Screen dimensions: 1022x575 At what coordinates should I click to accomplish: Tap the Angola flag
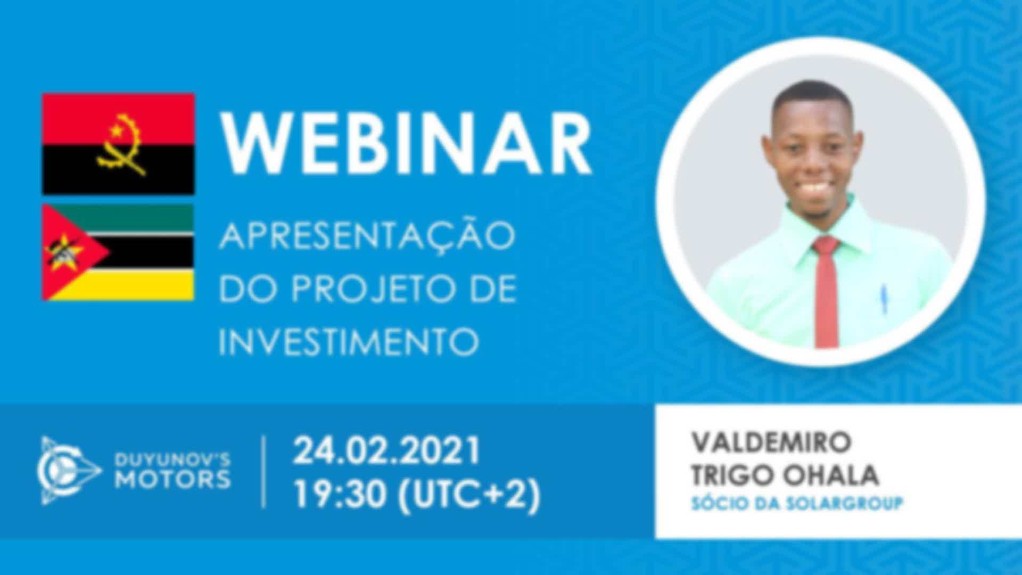[x=118, y=144]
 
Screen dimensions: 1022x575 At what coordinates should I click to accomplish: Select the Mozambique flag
[x=118, y=252]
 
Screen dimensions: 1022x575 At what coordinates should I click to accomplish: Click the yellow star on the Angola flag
[x=116, y=129]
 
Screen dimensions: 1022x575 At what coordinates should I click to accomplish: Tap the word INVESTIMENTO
[x=349, y=341]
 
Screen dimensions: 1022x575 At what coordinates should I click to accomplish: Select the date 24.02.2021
[x=387, y=450]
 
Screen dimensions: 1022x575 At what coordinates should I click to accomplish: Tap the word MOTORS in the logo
[x=173, y=479]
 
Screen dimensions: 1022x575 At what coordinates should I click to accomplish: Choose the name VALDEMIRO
[x=771, y=442]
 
